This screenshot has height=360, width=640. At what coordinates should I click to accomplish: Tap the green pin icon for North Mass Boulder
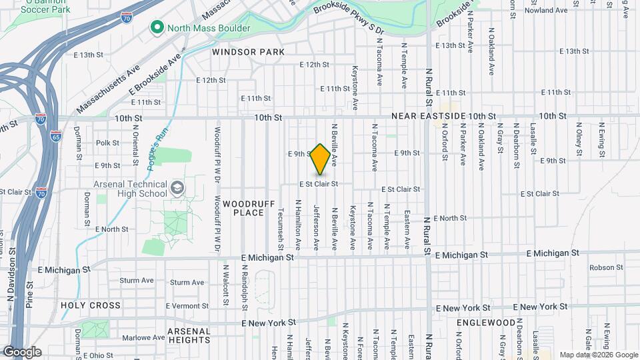pos(157,27)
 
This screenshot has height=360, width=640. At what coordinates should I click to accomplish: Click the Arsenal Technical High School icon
pos(177,188)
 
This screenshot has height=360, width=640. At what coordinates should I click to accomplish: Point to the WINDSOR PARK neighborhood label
pos(248,52)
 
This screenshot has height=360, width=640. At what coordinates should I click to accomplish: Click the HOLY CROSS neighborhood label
pos(91,305)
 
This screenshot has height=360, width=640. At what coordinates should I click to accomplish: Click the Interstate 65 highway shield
pos(55,136)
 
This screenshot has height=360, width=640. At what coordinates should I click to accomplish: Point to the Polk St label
pos(107,143)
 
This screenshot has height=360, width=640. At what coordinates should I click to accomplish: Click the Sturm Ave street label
pos(187,283)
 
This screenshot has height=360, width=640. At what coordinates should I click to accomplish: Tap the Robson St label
pos(605,267)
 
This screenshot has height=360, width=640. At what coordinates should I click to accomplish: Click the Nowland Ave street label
pos(545,11)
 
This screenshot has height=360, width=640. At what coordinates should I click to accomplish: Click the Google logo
pos(22,351)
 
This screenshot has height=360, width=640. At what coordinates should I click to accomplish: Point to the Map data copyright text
pos(598,355)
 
